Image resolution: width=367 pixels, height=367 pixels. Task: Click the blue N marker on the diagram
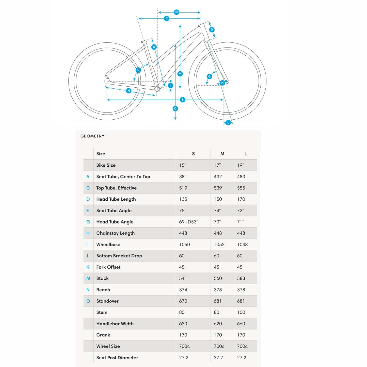coord(177,12)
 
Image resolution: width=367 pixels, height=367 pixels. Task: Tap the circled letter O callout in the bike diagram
coord(175,109)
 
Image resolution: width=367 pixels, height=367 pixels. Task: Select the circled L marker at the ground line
coord(228,123)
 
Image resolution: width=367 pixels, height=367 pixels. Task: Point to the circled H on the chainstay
coord(129,91)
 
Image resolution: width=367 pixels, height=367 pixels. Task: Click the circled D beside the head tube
coord(212,30)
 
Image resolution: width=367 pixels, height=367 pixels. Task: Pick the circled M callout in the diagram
coord(180,74)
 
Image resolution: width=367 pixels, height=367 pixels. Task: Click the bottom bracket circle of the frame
coord(157,89)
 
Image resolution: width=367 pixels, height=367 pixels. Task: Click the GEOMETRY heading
coord(92,136)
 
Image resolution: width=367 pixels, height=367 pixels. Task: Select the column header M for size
coord(222,154)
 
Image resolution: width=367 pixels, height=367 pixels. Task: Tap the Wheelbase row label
coord(108,245)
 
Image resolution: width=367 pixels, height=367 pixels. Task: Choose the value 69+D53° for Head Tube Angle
coord(188,222)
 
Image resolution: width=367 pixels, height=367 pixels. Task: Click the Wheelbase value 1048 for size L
coord(242,245)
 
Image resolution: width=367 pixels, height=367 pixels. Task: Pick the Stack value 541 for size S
coord(183,278)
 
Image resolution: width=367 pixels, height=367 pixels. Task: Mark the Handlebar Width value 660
coord(241,324)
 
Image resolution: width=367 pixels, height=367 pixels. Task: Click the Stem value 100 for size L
coord(241,312)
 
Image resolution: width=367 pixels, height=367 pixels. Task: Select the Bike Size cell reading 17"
coord(217,165)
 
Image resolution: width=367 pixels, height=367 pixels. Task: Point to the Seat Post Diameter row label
coord(117,358)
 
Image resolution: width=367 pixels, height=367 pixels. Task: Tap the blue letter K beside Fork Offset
coord(88,267)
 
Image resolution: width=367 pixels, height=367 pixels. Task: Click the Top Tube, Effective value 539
coord(218,188)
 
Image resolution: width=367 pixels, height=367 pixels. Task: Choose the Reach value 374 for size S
coord(183,290)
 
